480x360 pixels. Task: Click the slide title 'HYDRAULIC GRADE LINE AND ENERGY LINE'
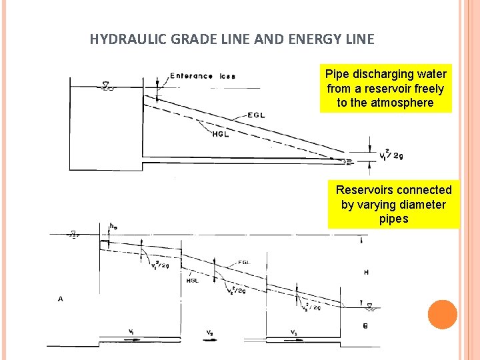pyautogui.click(x=232, y=39)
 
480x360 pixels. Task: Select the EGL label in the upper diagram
pyautogui.click(x=255, y=115)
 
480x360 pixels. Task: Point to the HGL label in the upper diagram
pyautogui.click(x=220, y=134)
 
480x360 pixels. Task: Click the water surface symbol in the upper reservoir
pyautogui.click(x=106, y=85)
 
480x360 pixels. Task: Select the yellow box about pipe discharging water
pyautogui.click(x=385, y=88)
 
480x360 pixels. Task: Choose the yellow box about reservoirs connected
pyautogui.click(x=393, y=205)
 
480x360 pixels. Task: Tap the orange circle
pyautogui.click(x=442, y=315)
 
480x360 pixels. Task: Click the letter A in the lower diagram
pyautogui.click(x=61, y=299)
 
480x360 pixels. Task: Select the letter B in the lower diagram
pyautogui.click(x=365, y=325)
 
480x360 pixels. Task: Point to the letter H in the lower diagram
pyautogui.click(x=365, y=272)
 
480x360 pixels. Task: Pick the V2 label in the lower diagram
pyautogui.click(x=209, y=332)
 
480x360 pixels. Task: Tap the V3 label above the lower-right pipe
pyautogui.click(x=293, y=331)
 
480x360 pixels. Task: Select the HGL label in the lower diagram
pyautogui.click(x=193, y=281)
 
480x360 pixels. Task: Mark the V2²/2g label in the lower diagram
pyautogui.click(x=237, y=291)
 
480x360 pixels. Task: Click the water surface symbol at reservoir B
pyautogui.click(x=369, y=305)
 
